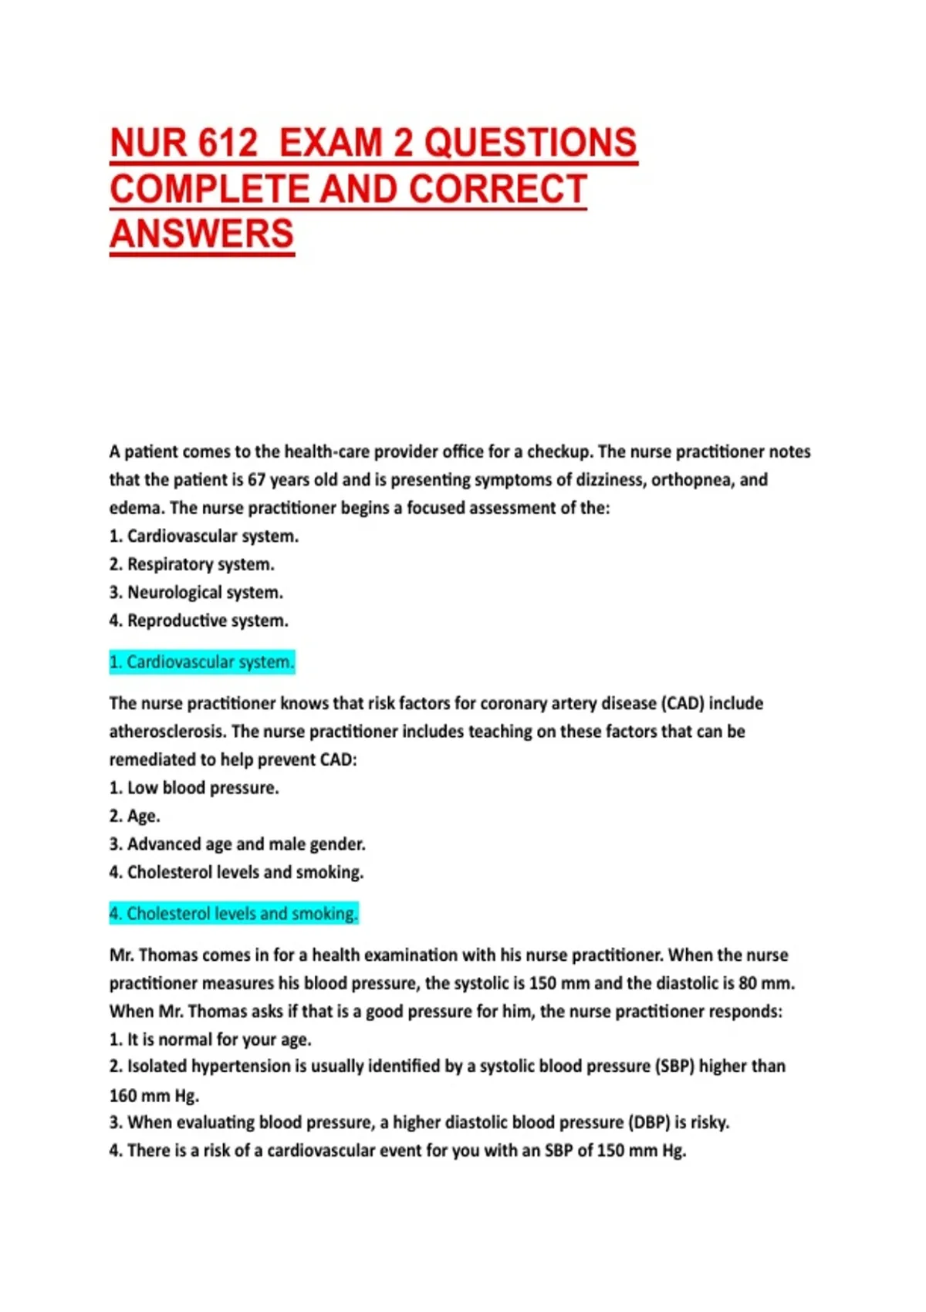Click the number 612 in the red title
pos(228,143)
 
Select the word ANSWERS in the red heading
pos(201,234)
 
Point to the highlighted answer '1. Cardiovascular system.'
pos(202,662)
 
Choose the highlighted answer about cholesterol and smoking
pos(234,914)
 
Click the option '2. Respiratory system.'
pos(192,564)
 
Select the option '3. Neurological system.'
pos(196,593)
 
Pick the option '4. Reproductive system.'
pos(199,620)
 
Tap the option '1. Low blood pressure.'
pos(194,788)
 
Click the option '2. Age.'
pos(135,816)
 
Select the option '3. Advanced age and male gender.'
pos(238,844)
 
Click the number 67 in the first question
pos(256,480)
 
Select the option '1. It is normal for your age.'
pos(211,1040)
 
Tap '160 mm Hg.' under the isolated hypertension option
pos(154,1095)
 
